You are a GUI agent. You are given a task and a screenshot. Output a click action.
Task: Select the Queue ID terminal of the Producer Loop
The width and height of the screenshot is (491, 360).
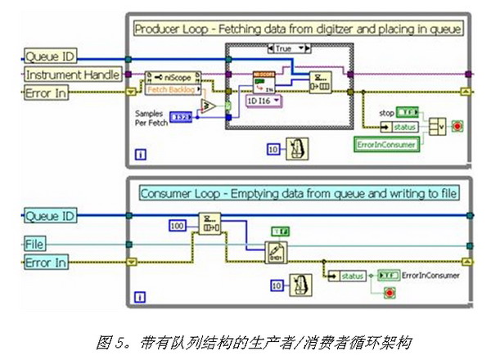(x=50, y=56)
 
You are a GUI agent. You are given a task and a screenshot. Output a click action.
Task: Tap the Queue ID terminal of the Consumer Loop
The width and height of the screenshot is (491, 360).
(x=50, y=216)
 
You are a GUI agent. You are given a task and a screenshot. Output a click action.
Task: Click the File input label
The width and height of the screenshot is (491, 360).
(x=34, y=244)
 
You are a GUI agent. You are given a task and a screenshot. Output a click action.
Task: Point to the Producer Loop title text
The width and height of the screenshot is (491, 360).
(x=298, y=29)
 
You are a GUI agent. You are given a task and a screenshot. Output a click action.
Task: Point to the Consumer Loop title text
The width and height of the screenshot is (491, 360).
(x=298, y=193)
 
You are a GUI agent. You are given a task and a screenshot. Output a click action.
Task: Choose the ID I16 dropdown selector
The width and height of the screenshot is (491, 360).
(x=263, y=101)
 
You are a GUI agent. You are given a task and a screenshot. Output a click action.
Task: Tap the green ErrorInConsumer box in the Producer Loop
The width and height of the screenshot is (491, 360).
(x=386, y=144)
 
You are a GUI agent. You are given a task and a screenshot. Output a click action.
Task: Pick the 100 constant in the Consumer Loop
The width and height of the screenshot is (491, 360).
(x=177, y=223)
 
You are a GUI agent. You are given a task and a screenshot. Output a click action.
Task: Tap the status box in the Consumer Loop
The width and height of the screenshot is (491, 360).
(x=353, y=276)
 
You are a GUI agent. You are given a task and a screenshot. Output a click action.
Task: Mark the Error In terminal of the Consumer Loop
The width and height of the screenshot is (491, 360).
(x=46, y=262)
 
